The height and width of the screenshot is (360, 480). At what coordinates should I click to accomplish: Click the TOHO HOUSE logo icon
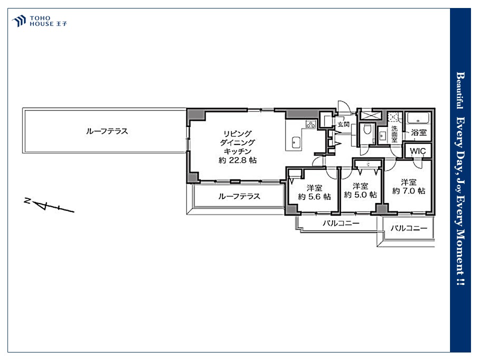coord(18,21)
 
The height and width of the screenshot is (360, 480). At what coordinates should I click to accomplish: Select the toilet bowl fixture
coord(367,130)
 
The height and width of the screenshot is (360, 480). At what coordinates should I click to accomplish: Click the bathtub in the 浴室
coord(418,118)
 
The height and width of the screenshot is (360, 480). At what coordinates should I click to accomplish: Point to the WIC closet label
coord(417,151)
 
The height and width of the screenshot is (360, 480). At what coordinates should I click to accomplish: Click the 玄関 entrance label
coord(343,124)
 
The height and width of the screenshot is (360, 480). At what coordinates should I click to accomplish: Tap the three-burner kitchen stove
coord(310,124)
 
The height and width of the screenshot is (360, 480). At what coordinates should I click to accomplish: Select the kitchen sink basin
coord(296,142)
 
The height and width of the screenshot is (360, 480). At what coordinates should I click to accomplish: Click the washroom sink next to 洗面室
coord(382,135)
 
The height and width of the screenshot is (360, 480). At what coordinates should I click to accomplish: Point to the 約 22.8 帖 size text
coord(237,160)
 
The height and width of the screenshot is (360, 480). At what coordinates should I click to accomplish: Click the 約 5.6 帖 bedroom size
coord(314,196)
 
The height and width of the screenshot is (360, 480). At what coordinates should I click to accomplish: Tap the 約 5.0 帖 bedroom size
coord(360,194)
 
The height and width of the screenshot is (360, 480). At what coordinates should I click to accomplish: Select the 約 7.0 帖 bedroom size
coord(408,191)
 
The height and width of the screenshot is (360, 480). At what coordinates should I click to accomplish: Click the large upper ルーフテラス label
coord(107,131)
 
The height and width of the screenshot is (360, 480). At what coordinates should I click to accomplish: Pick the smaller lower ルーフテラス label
coord(239,196)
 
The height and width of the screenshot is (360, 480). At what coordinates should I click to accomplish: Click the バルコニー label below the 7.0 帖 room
coord(408,228)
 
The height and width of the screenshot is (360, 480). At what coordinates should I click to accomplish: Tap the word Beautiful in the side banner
coord(460,90)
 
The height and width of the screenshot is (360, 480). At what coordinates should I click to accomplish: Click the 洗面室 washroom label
coord(394,134)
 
